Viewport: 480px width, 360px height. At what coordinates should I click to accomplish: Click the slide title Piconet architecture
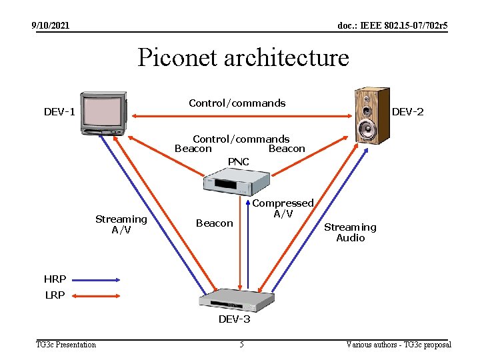[x=243, y=58]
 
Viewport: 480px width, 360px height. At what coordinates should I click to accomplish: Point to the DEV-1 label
[x=59, y=112]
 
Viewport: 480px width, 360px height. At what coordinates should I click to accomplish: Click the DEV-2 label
[x=407, y=112]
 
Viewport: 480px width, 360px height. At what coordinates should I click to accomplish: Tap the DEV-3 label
[x=235, y=319]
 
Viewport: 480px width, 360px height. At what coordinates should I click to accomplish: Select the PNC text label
[x=238, y=162]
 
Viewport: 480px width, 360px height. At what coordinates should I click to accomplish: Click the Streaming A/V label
[x=121, y=225]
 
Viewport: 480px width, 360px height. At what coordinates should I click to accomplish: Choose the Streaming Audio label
[x=350, y=233]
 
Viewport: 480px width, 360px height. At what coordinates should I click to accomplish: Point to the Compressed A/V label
[x=283, y=208]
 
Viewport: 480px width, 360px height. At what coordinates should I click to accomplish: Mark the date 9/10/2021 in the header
[x=51, y=26]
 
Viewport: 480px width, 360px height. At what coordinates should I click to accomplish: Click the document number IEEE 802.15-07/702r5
[x=393, y=26]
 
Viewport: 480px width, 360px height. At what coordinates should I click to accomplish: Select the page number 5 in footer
[x=241, y=345]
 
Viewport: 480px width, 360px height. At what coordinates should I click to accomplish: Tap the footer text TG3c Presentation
[x=66, y=345]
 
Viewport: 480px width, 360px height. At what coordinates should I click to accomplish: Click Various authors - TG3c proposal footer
[x=399, y=345]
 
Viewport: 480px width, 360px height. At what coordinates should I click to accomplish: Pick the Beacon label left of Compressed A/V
[x=214, y=223]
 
